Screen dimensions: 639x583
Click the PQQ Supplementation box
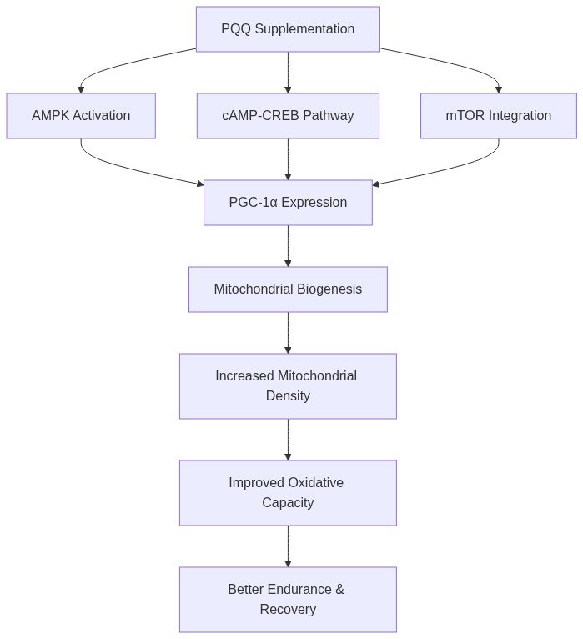coord(288,29)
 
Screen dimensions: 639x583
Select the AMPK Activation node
coord(81,116)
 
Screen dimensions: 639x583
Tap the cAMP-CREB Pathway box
coord(288,116)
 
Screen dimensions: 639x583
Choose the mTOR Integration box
coord(498,116)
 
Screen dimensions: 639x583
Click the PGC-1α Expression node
coord(288,203)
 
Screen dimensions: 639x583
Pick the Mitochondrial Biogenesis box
coord(288,289)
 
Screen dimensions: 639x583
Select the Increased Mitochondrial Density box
coord(288,385)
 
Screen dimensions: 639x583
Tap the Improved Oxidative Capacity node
coord(288,492)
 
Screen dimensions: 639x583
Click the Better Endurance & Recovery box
coord(288,599)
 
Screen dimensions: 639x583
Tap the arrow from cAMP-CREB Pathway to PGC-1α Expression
coord(288,159)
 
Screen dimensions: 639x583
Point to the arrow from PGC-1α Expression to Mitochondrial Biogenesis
coord(288,246)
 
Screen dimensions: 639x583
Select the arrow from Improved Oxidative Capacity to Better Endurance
coord(288,546)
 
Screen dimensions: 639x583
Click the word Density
coord(288,396)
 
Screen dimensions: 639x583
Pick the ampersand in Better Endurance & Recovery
coord(339,590)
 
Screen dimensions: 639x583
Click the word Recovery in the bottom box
coord(288,610)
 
